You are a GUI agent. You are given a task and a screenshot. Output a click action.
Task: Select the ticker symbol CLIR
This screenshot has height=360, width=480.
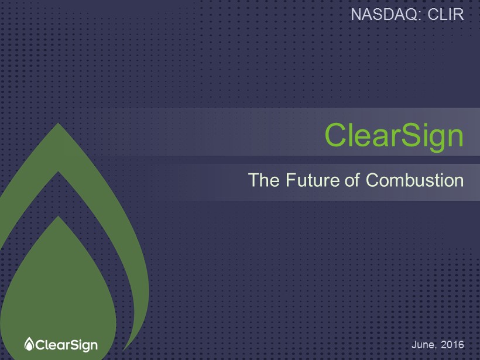coord(445,15)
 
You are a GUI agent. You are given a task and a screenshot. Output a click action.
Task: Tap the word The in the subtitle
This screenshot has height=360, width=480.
coord(263,180)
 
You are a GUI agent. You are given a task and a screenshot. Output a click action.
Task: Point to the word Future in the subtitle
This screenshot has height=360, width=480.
coord(313,180)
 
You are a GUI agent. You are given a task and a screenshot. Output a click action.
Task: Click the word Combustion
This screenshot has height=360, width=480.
coord(415,180)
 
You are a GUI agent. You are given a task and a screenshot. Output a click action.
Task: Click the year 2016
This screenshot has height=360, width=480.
coord(452,345)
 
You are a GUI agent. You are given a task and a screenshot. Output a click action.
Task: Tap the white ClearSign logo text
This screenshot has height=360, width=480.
coord(67,345)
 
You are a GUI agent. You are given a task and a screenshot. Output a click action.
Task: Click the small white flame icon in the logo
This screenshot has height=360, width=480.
coord(29,344)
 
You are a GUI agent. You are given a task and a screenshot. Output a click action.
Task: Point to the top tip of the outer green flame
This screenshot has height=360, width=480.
coord(58,123)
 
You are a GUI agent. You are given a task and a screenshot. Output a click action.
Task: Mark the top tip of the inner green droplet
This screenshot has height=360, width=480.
coord(58,217)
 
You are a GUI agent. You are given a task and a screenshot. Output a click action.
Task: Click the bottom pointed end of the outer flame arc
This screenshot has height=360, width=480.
coord(123,351)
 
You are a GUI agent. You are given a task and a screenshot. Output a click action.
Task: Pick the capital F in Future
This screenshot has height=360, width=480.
coord(290,180)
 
